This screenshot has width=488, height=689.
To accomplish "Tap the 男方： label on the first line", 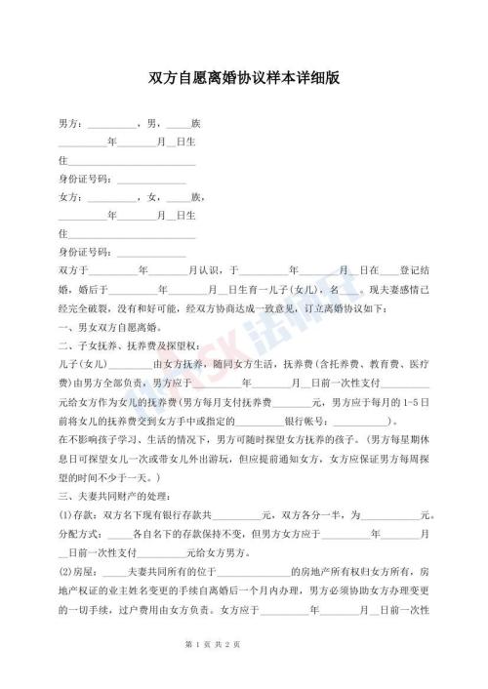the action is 72,124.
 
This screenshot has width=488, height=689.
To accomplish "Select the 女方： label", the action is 72,196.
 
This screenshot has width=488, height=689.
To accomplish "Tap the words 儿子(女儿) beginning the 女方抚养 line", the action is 83,363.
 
